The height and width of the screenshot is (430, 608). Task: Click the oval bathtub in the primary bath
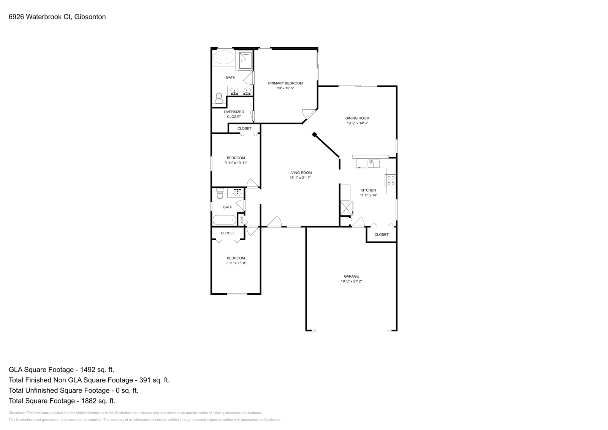point(223,58)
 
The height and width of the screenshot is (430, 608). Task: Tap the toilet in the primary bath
point(218,98)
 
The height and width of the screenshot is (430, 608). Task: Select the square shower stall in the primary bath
point(245,61)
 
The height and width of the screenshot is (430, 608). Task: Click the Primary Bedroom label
point(285,83)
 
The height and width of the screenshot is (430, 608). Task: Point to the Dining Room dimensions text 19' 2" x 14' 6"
point(357,123)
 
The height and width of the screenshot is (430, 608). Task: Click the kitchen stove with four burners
point(391,180)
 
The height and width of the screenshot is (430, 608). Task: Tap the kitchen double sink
point(373,164)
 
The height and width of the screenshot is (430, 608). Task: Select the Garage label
point(351,276)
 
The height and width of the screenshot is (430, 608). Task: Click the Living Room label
point(300,172)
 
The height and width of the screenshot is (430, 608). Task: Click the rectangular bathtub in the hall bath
point(224,220)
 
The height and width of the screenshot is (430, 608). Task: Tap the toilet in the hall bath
point(220,194)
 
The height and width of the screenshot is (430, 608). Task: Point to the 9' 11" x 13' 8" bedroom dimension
point(236,263)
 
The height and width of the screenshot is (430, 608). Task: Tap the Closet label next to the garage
point(381,234)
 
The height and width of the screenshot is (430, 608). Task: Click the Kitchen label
point(368,190)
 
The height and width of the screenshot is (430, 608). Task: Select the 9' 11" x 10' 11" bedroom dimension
point(236,163)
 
